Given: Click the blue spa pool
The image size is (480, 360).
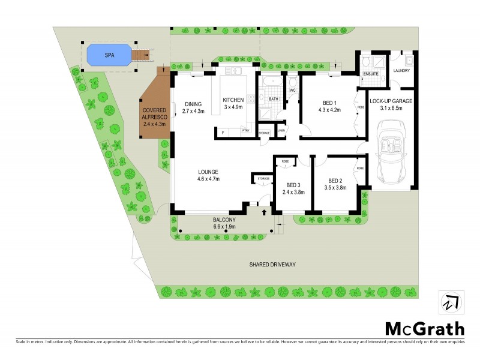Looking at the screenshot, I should click(x=108, y=55).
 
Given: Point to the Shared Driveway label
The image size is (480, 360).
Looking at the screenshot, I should click(x=273, y=264).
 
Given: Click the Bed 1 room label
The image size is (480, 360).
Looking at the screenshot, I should click(x=328, y=103).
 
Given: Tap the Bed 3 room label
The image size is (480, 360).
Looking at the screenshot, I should click(x=293, y=185).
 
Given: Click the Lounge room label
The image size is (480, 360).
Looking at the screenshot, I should click(x=208, y=171).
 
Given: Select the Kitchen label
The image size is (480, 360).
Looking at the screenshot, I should click(x=233, y=100).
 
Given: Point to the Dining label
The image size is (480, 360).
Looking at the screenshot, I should click(x=193, y=103).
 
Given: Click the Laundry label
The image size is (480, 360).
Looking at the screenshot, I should click(x=401, y=71).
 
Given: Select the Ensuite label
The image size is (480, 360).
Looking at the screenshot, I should click(x=370, y=74).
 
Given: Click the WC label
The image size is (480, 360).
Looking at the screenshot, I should click(x=293, y=91).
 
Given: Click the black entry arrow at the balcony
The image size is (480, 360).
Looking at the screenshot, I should click(x=265, y=212).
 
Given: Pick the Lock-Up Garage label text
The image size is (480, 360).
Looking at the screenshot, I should click(x=391, y=101).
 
